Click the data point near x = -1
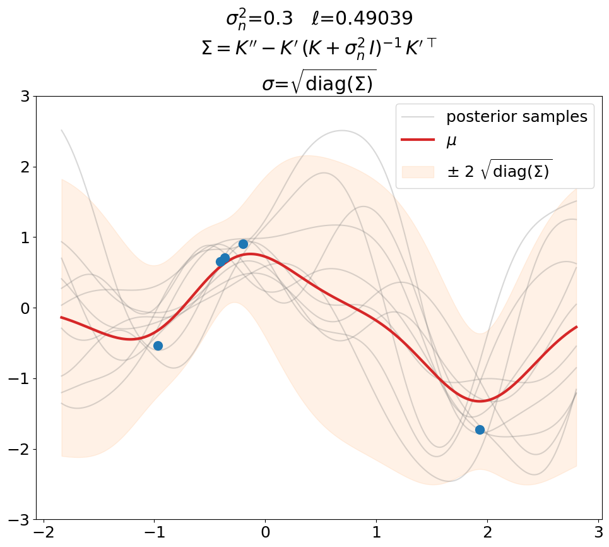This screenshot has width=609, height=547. click(x=158, y=346)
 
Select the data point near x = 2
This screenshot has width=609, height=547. click(x=480, y=430)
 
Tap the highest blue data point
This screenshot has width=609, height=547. click(x=243, y=244)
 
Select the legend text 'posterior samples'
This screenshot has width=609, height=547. click(x=516, y=117)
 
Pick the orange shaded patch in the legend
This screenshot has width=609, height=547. click(x=418, y=172)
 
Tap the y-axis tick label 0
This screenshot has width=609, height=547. click(x=24, y=308)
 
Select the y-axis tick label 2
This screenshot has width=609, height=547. click(x=24, y=167)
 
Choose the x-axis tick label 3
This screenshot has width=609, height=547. click(x=599, y=532)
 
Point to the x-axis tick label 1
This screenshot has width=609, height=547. click(x=377, y=532)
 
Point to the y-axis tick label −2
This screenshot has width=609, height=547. click(x=19, y=449)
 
